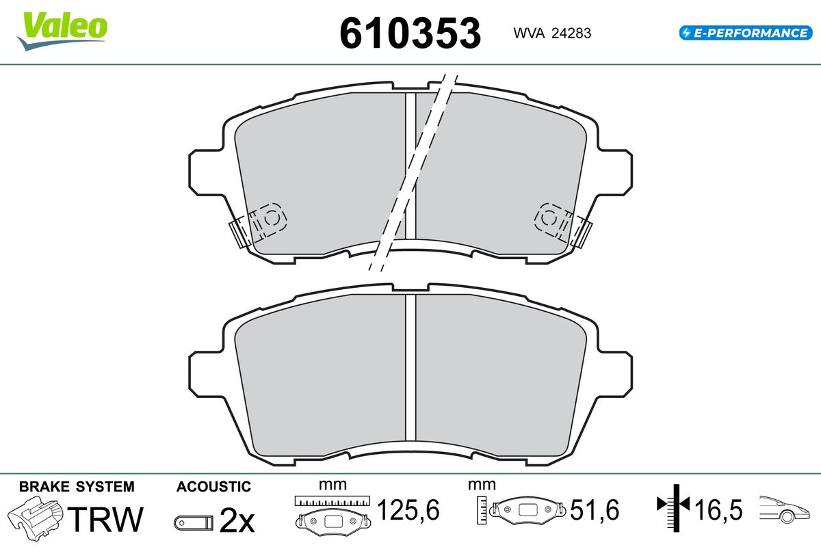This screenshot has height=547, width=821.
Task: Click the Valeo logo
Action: point(62,31)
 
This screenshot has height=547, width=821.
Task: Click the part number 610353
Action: point(410,34)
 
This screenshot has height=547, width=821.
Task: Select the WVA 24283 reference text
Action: point(552,34)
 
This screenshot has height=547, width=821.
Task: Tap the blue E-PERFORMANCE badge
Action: point(746,33)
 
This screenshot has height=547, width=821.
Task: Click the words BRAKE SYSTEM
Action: point(77,487)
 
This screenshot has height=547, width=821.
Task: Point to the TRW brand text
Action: point(105,519)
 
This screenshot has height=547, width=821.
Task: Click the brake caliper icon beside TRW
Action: point(35,518)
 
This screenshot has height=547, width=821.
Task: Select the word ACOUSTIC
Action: point(213,487)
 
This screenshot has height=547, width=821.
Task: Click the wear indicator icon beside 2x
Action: point(194,523)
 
